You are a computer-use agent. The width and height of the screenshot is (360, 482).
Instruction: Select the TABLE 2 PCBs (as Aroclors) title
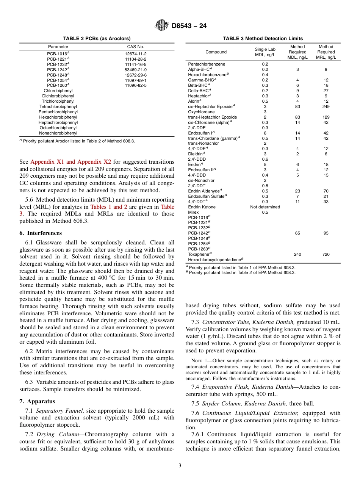pos(97,39)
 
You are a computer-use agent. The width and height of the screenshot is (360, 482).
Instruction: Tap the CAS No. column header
pos(135,47)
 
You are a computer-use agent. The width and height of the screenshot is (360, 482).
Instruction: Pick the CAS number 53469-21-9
pos(135,70)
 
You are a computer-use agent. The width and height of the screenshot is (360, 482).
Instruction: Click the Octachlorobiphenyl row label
pos(58,128)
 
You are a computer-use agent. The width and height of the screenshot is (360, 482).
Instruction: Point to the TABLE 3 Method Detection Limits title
pos(263,39)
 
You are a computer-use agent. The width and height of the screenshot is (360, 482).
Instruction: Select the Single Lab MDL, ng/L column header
pos(265,52)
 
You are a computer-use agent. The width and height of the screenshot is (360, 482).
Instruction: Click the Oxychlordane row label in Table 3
pos(201,112)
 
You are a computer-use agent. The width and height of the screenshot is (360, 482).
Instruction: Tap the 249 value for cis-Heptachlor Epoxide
pos(326,106)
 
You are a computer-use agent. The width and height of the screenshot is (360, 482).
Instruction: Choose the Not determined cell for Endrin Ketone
pos(265,207)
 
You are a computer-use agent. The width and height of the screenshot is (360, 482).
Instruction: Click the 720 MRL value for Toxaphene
pos(326,254)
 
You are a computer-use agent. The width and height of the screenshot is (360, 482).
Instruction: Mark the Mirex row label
pos(193,212)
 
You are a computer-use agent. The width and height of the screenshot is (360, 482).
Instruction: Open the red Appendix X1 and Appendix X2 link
pos(70,162)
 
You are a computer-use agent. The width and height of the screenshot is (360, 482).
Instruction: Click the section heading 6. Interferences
pos(41,233)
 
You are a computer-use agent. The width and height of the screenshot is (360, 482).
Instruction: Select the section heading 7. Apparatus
pos(37,401)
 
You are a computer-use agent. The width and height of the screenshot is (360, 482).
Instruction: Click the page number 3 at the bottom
pos(180,466)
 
